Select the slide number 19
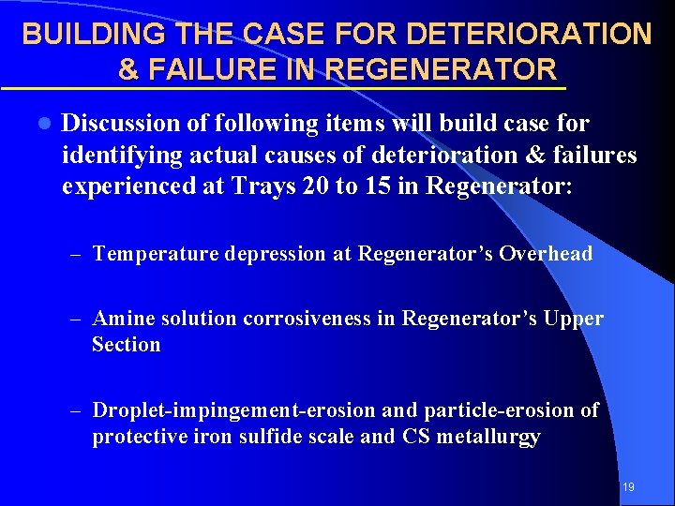(x=629, y=486)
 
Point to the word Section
(x=127, y=345)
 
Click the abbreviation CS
(x=415, y=438)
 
